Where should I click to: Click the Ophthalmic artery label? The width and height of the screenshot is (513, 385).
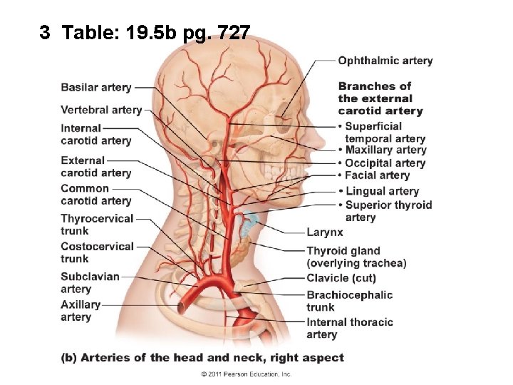tap(385, 61)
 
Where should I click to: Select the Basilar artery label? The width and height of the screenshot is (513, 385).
tap(96, 88)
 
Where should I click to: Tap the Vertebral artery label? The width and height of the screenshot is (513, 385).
tap(101, 110)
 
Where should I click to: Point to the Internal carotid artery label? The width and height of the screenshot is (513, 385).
tap(96, 134)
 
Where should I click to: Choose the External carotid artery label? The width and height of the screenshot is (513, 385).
tap(96, 166)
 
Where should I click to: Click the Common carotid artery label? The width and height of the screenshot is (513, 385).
tap(96, 195)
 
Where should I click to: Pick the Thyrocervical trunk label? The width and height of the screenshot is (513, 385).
tap(97, 225)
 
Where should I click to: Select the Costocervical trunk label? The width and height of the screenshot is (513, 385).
tap(97, 252)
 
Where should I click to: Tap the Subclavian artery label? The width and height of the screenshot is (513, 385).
tap(90, 282)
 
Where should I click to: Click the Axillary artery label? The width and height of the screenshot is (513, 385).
tap(81, 311)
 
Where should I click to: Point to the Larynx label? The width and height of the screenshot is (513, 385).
tap(325, 232)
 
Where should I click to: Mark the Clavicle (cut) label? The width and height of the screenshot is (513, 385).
tap(341, 277)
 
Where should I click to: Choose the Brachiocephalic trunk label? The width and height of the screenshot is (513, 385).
tap(349, 301)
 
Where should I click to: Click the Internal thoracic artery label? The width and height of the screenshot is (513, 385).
tap(350, 328)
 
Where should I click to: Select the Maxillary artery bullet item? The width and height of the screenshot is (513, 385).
tap(385, 150)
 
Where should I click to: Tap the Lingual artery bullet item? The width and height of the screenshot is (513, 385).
tap(381, 190)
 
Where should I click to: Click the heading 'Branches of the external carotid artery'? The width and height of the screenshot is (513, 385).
tap(380, 98)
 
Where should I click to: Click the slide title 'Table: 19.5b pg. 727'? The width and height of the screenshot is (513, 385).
tap(145, 32)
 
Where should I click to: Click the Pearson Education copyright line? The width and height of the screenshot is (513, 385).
tap(246, 374)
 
